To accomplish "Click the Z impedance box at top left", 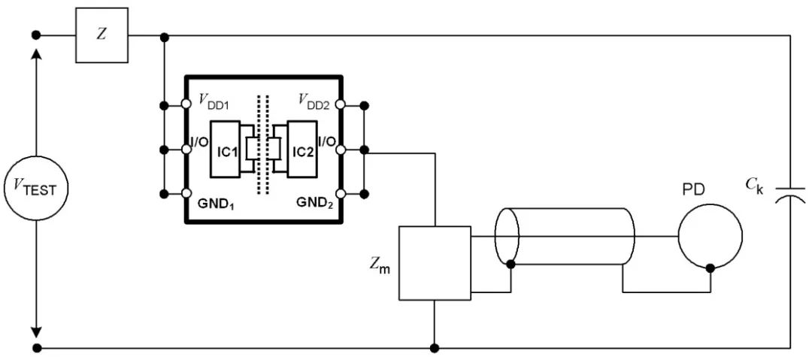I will tap(101, 35).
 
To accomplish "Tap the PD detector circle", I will tap(710, 236).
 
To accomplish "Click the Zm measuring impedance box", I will tap(435, 263).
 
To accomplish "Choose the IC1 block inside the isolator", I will tap(225, 150).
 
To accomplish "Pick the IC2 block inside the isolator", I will tap(302, 150).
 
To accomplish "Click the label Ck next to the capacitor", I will tap(753, 186).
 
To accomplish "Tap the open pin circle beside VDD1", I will tap(186, 104).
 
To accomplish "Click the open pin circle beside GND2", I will tap(341, 194).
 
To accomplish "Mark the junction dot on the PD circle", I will tap(710, 268).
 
